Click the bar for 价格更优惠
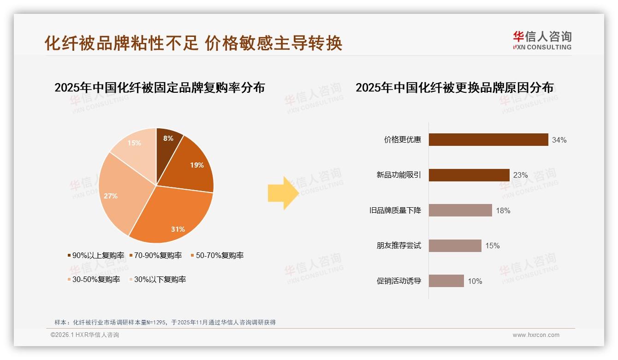tap(488, 140)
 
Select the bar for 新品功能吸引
tap(469, 175)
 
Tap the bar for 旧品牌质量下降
tap(460, 210)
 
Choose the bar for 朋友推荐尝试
tap(455, 246)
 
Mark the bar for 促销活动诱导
tap(446, 281)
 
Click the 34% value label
tap(559, 140)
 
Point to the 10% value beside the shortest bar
tap(475, 281)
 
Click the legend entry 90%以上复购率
tap(96, 256)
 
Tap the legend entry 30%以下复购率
tap(157, 280)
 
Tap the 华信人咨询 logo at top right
tap(542, 40)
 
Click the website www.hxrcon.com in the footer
tap(536, 335)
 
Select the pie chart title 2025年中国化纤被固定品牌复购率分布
tap(160, 88)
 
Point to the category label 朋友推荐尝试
tap(399, 246)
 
